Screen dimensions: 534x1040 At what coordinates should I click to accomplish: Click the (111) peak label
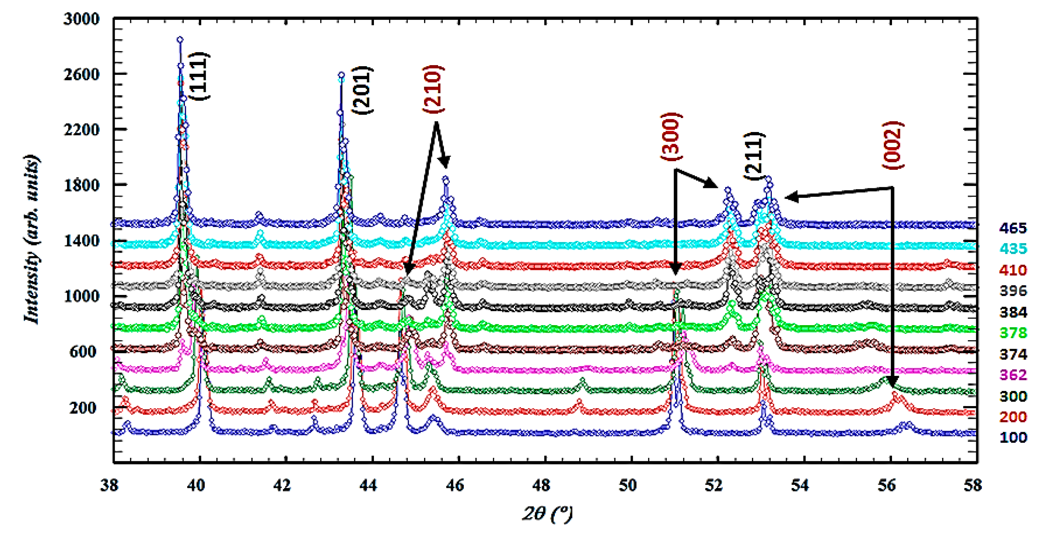pos(201,76)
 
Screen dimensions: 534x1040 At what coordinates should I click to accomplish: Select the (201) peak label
pos(362,90)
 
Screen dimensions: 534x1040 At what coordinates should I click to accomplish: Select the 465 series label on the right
pos(1013,228)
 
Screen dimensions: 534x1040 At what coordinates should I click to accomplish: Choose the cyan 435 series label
pos(1013,249)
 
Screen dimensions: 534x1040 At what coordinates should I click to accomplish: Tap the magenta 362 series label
pos(1013,375)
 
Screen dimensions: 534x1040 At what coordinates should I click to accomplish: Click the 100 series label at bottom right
pos(1013,438)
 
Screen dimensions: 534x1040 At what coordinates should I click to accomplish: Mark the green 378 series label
pos(1013,333)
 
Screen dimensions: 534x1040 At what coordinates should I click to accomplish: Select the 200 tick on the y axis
pos(84,407)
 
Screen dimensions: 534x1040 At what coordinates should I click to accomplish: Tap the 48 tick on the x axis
pos(541,485)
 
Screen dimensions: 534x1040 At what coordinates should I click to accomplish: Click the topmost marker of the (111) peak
pos(180,39)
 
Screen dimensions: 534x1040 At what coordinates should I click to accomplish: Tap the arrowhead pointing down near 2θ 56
pos(892,381)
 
